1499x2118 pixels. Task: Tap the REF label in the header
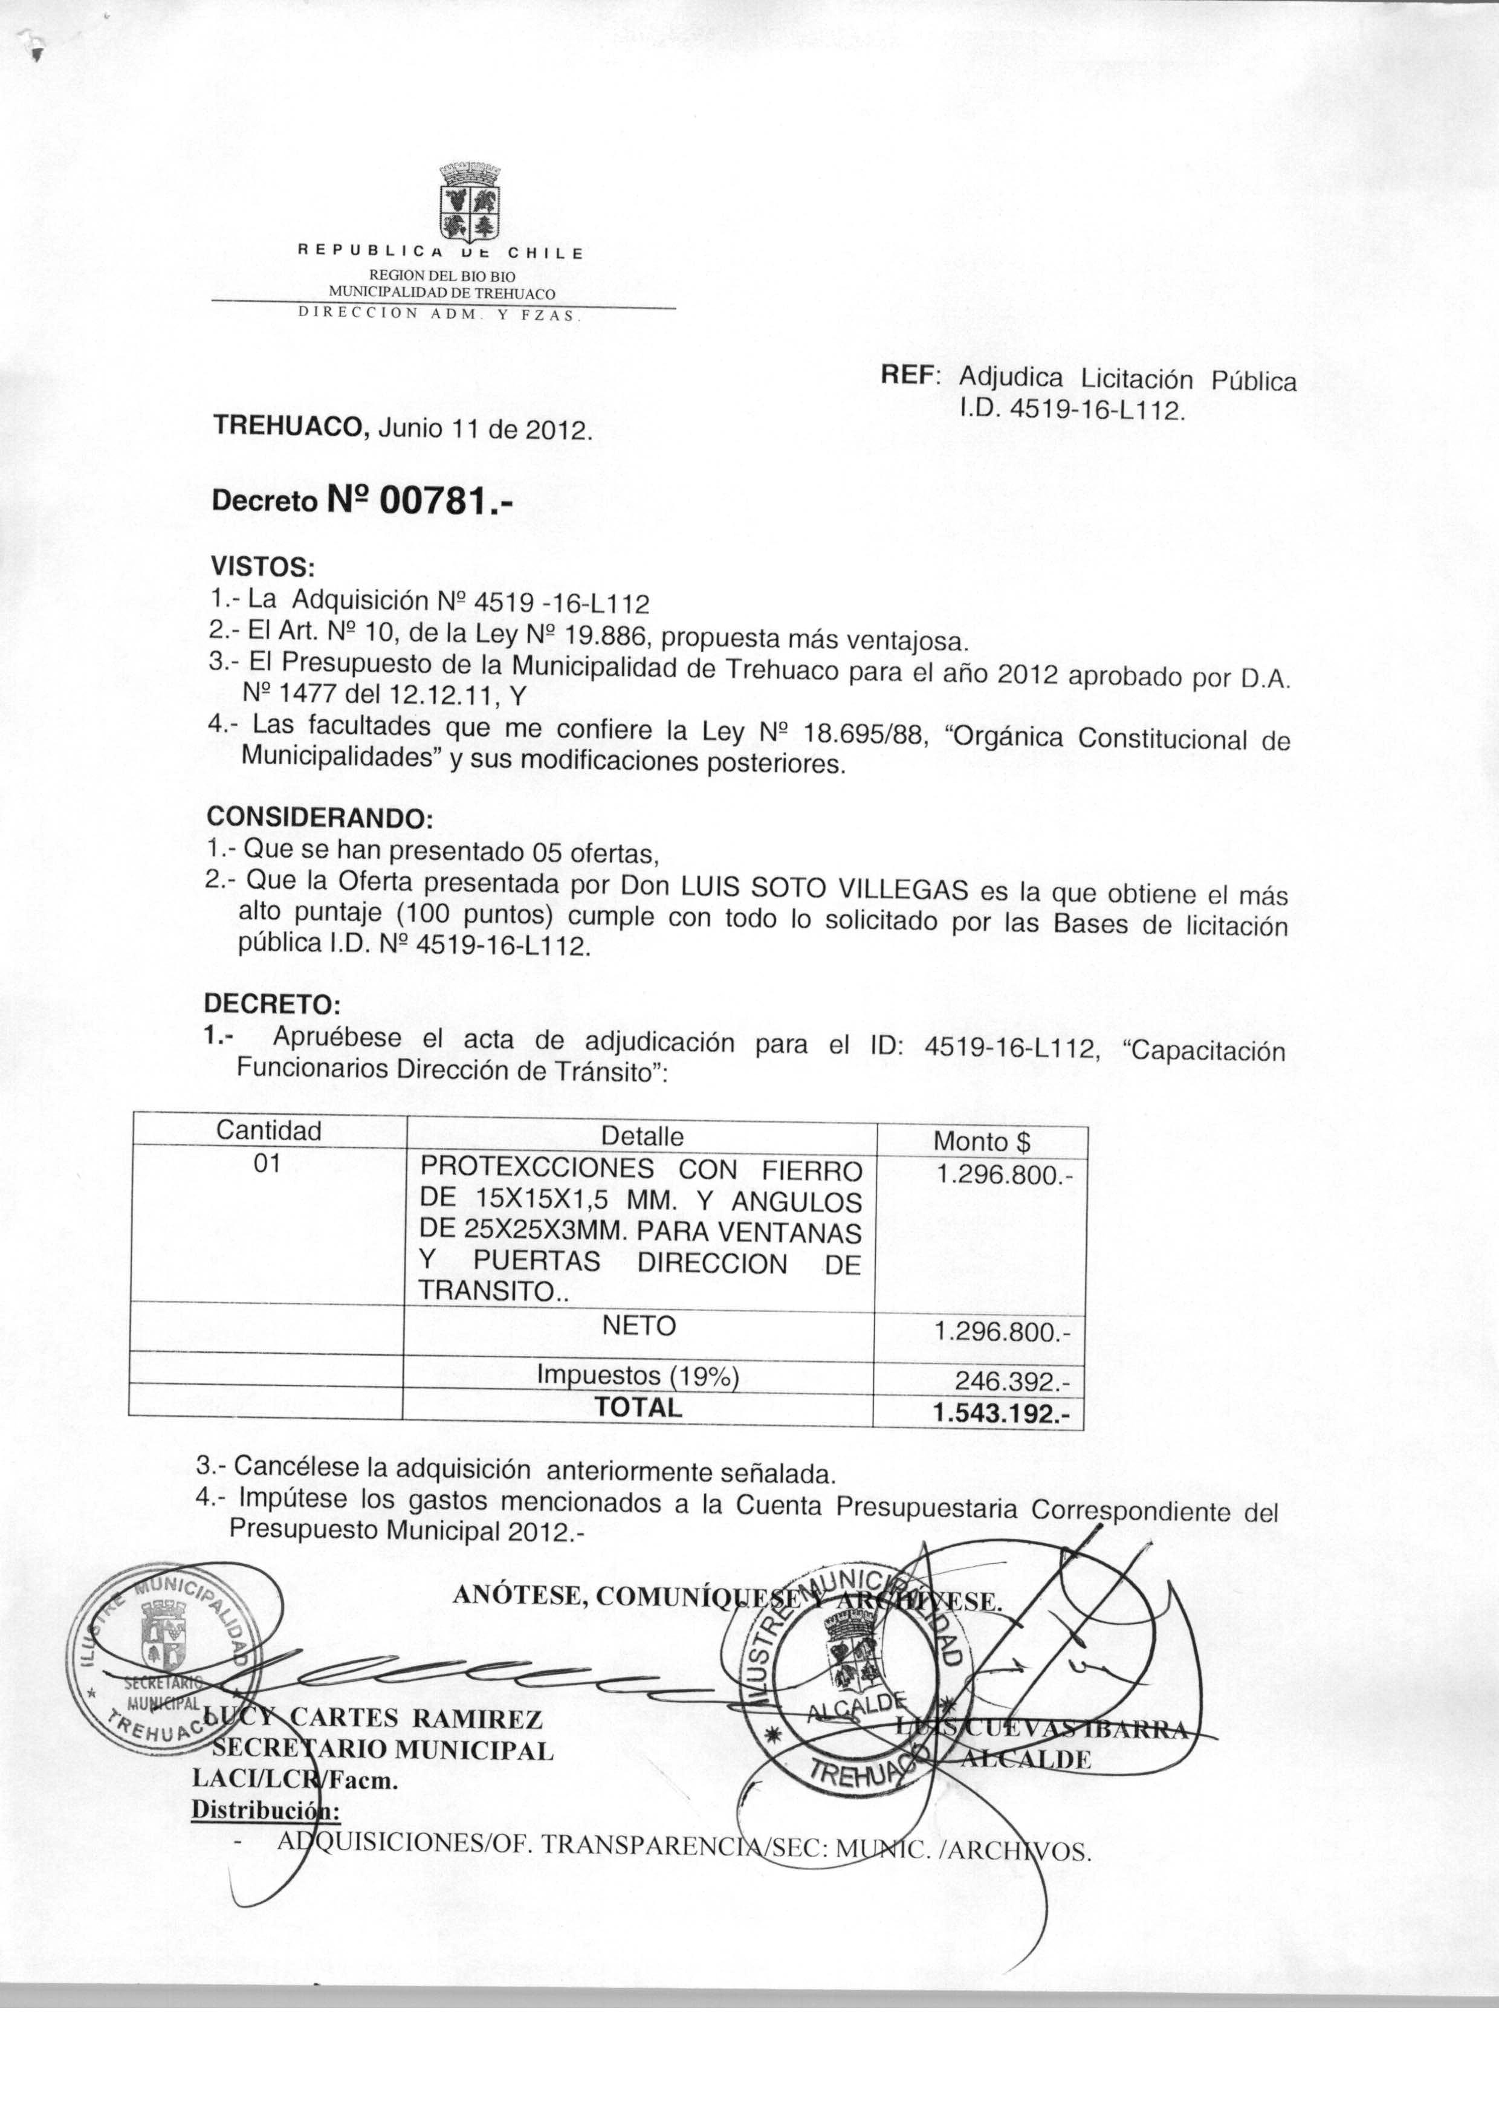pos(909,375)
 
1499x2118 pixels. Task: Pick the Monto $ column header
pos(981,1142)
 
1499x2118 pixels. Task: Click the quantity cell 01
pos(267,1165)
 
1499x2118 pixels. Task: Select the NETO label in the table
pos(639,1326)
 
